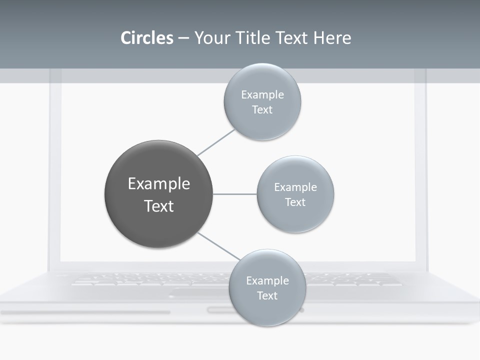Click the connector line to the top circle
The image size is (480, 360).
pos(216,142)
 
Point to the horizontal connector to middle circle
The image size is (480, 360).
pos(235,194)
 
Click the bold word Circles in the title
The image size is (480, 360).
pos(146,38)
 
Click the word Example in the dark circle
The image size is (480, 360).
pos(159,184)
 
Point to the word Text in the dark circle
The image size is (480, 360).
pos(159,206)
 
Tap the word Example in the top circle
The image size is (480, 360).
pos(262,95)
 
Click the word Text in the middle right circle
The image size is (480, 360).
pos(295,202)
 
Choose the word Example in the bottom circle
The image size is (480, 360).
pos(267,280)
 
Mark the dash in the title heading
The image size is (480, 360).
pos(183,38)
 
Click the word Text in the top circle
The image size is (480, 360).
pos(262,110)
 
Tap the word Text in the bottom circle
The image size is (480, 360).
pos(267,295)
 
